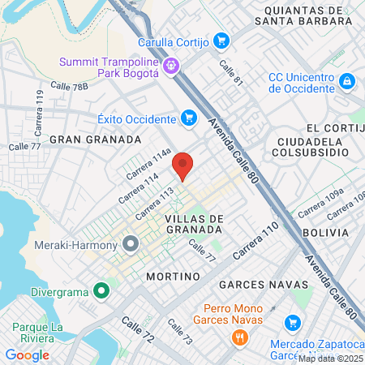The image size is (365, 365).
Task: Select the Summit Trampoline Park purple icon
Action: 170,66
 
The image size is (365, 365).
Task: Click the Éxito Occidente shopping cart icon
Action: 188,118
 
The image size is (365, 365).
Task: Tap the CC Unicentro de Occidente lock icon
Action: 347,81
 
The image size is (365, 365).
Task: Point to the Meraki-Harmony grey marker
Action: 131,243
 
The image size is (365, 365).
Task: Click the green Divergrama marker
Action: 101,290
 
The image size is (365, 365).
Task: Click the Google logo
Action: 27,354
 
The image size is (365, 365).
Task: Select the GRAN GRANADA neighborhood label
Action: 96,140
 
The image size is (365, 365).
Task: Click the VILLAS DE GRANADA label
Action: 193,224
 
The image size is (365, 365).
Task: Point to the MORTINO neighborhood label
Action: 172,277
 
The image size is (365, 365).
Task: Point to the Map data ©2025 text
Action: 330,358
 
